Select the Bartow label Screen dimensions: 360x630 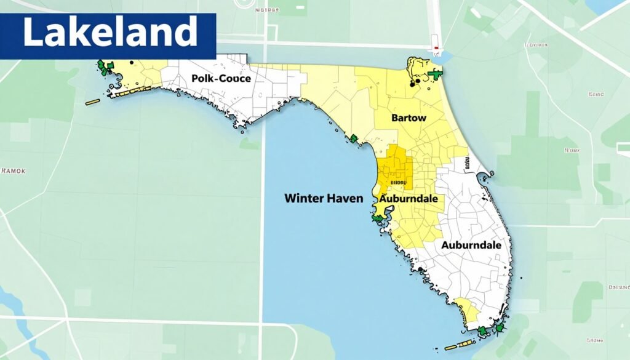pyautogui.click(x=408, y=118)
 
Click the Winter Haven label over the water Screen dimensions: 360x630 pyautogui.click(x=324, y=198)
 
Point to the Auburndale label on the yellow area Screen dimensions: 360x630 pyautogui.click(x=409, y=199)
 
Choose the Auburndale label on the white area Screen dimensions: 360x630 pyautogui.click(x=471, y=244)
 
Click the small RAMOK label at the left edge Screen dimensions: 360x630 pyautogui.click(x=13, y=171)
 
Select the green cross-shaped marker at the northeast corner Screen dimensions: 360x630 pyautogui.click(x=436, y=74)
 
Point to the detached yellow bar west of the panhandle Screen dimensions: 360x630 pyautogui.click(x=92, y=102)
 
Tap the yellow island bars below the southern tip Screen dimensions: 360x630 pyautogui.click(x=466, y=342)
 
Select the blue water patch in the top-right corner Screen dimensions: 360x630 pyautogui.click(x=606, y=6)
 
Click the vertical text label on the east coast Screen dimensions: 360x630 pyautogui.click(x=466, y=163)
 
